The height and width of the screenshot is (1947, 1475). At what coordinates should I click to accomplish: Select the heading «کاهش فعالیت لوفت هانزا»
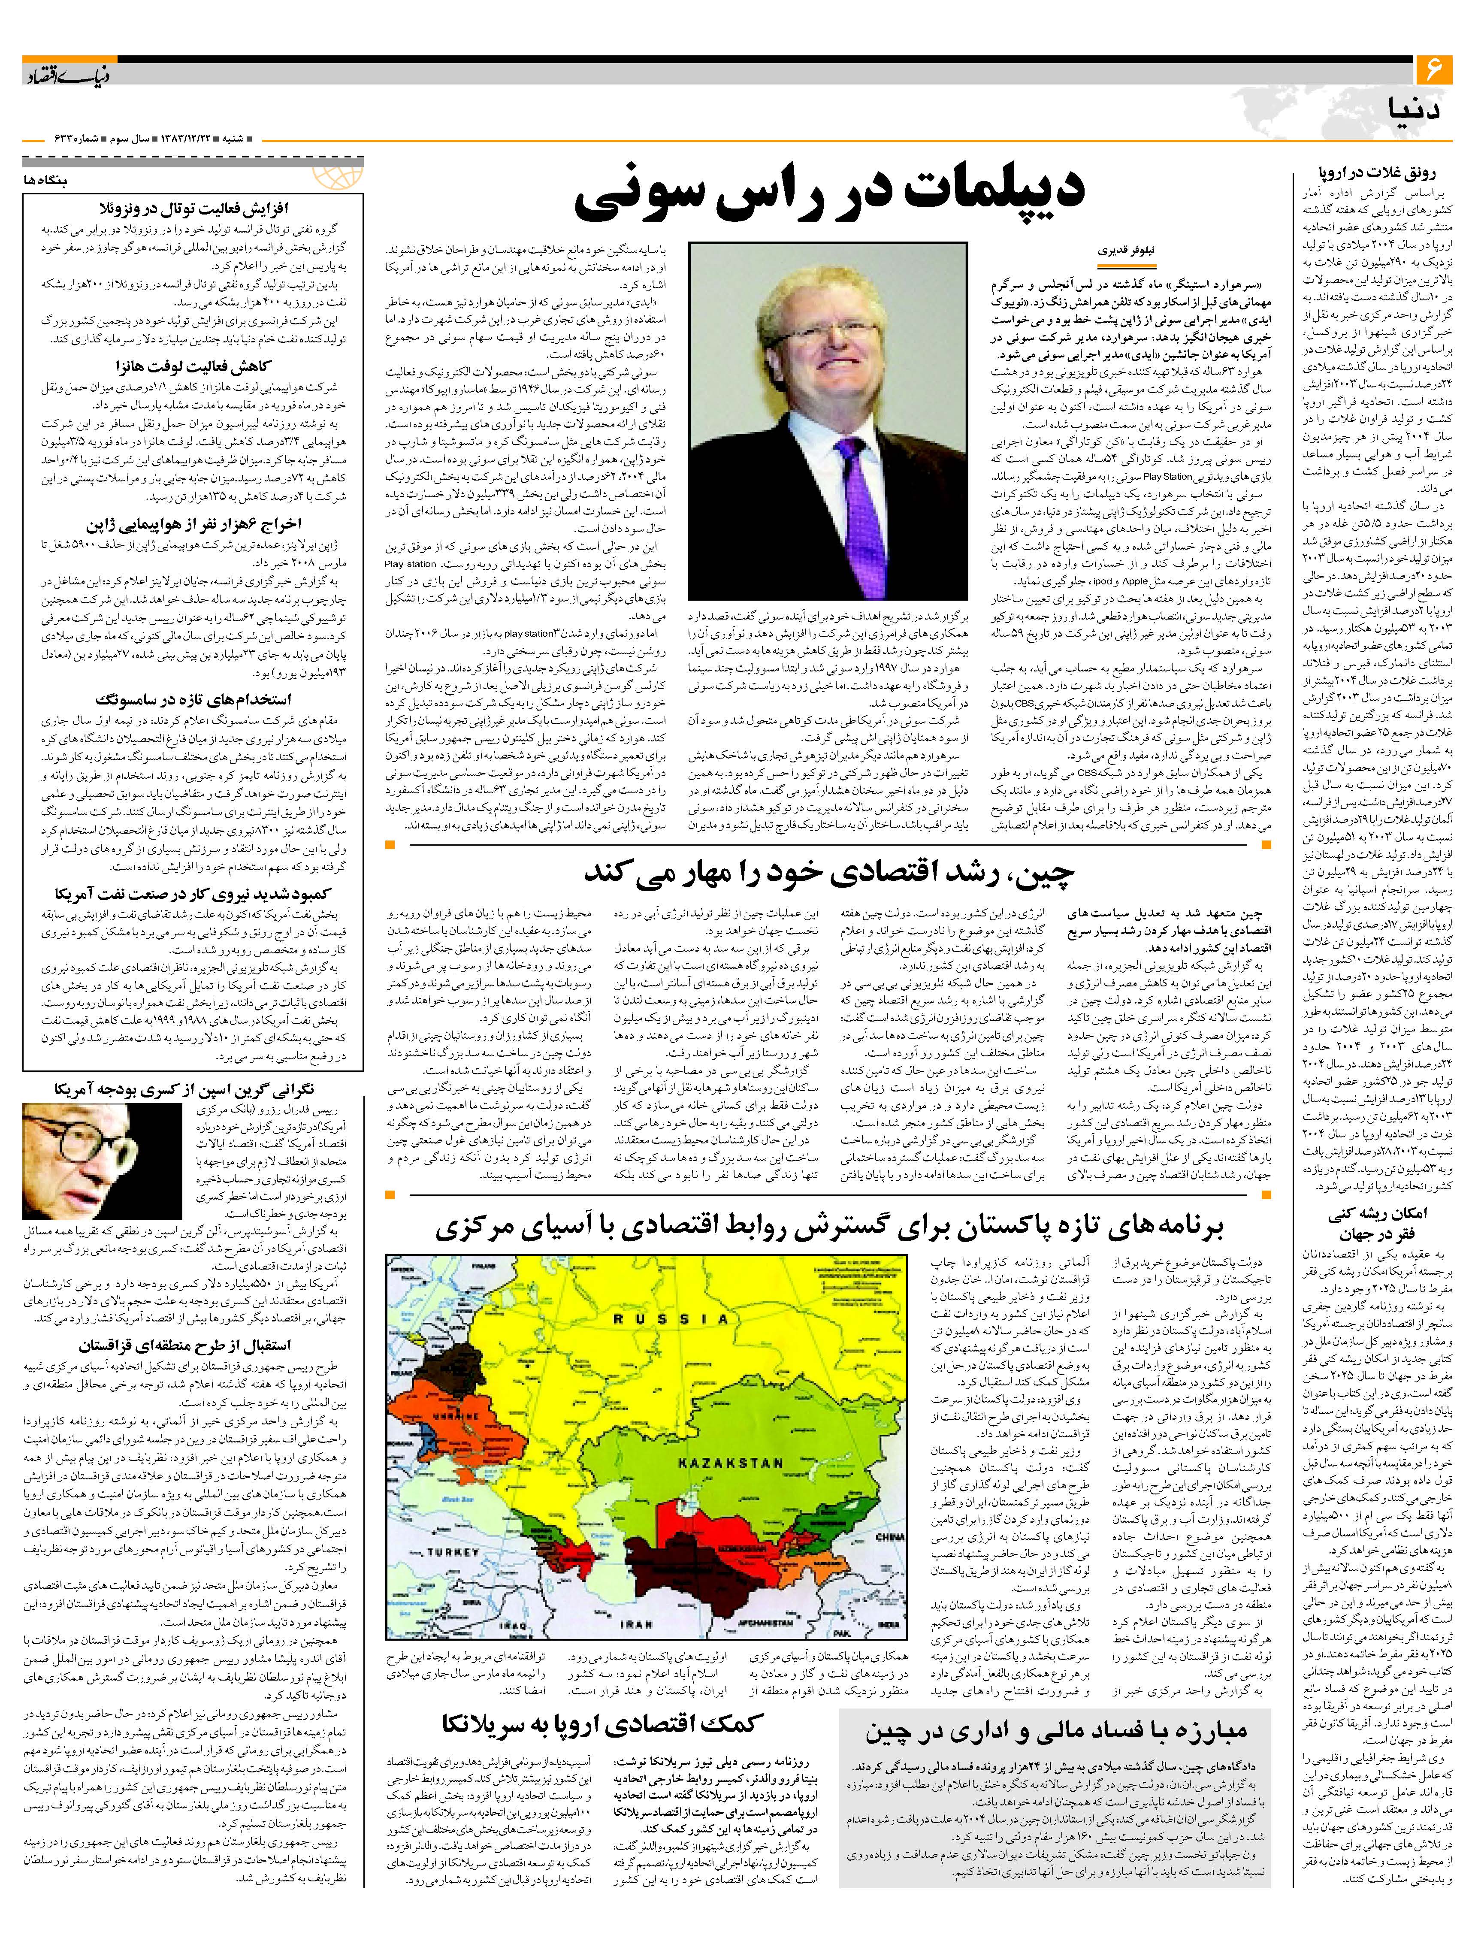[x=193, y=366]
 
